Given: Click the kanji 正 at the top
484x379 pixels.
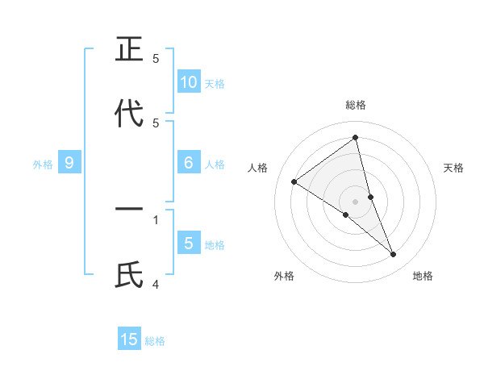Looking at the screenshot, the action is pos(129,49).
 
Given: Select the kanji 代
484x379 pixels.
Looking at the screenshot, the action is pos(129,114).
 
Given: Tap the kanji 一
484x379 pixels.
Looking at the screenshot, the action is pos(129,210).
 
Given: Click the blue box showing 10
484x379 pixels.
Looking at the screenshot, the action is pos(189,82).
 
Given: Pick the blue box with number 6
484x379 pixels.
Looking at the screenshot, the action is pos(189,163).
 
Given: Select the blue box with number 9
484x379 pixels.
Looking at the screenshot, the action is pos(69,163).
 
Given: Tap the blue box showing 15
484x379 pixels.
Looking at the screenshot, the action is pos(129,339).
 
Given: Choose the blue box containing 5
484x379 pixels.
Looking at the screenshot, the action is pos(189,244).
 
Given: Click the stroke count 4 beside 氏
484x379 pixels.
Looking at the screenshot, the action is pos(156,284).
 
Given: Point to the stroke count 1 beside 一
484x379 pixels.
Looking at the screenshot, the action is pos(156,219).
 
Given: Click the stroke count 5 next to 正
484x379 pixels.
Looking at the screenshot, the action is pos(156,58).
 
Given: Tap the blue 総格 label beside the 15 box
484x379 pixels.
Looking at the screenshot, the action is pos(155,341).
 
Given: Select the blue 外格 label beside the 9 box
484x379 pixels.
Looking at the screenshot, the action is pos(43,165).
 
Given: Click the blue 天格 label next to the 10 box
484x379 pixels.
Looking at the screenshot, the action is pos(215,84).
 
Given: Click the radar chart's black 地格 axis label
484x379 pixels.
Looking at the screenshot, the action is pos(423,276).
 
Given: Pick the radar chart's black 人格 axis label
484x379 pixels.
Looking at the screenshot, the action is pos(257,168).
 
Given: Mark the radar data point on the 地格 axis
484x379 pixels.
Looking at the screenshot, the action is pos(394,255).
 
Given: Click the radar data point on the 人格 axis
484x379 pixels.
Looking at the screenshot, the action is pos(294,181).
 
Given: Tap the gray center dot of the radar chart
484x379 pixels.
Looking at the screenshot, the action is pos(355,201).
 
